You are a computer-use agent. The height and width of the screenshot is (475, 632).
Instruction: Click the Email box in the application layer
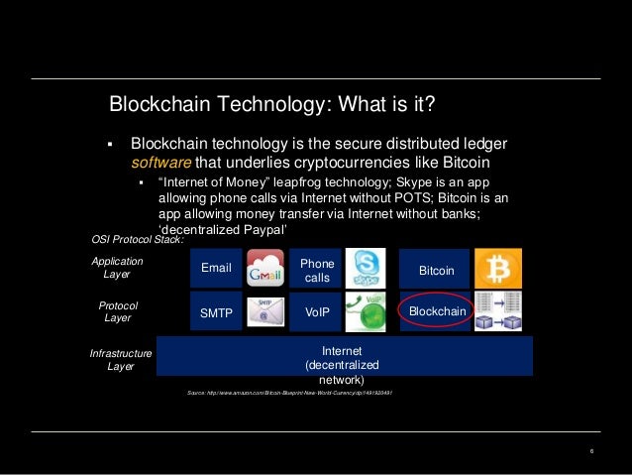(215, 268)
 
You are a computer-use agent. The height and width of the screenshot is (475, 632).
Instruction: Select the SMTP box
(215, 312)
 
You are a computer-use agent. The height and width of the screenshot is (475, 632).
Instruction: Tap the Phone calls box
(316, 269)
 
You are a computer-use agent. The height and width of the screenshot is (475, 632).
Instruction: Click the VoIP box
(316, 312)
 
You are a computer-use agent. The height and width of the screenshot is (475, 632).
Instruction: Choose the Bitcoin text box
(436, 269)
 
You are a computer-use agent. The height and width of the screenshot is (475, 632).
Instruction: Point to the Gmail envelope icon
(264, 269)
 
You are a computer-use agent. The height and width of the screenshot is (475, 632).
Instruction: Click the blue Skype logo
(366, 269)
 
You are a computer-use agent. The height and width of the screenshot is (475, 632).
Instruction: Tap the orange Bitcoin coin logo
(497, 269)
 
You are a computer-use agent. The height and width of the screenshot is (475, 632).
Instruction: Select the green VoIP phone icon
(366, 312)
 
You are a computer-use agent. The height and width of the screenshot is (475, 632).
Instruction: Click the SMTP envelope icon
(264, 312)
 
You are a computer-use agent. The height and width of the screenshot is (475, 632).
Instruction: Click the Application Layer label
(117, 268)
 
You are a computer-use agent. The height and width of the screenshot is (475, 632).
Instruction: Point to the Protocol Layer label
(118, 311)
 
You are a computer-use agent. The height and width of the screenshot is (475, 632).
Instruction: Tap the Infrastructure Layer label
(120, 360)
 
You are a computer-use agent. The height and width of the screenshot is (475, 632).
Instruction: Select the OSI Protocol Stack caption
(137, 239)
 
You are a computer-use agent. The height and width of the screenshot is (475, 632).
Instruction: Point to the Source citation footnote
(290, 395)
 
